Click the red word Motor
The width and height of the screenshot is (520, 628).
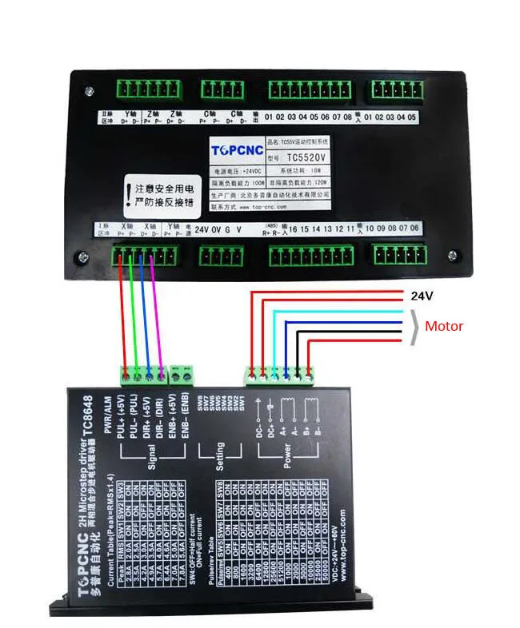443,326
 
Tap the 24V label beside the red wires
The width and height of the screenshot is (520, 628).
422,296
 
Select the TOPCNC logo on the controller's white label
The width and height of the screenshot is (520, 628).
232,149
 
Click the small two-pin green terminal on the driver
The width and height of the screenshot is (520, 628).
182,372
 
